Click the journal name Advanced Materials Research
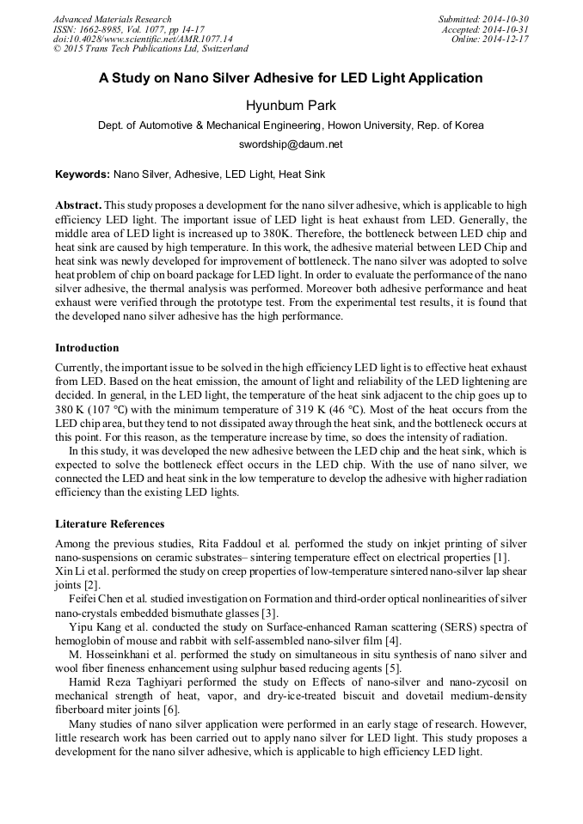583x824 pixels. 112,19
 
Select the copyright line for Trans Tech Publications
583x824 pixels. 150,49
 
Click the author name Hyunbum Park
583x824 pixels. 291,106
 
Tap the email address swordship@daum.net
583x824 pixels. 291,144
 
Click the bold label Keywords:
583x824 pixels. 83,174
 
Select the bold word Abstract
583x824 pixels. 78,206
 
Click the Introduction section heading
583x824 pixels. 87,348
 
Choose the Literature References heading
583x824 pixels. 110,524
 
